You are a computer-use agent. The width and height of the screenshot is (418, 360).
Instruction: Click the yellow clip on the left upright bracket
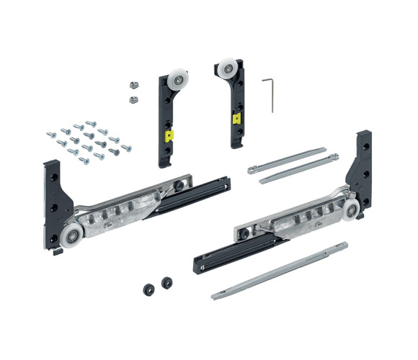(x=169, y=134)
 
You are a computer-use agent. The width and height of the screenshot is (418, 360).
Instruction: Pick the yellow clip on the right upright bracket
(x=235, y=117)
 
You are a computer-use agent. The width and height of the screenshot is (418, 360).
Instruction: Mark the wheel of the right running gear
(x=352, y=212)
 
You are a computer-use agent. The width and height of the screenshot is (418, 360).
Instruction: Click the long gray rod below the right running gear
(x=281, y=271)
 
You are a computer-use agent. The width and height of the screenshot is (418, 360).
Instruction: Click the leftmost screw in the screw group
(x=50, y=134)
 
